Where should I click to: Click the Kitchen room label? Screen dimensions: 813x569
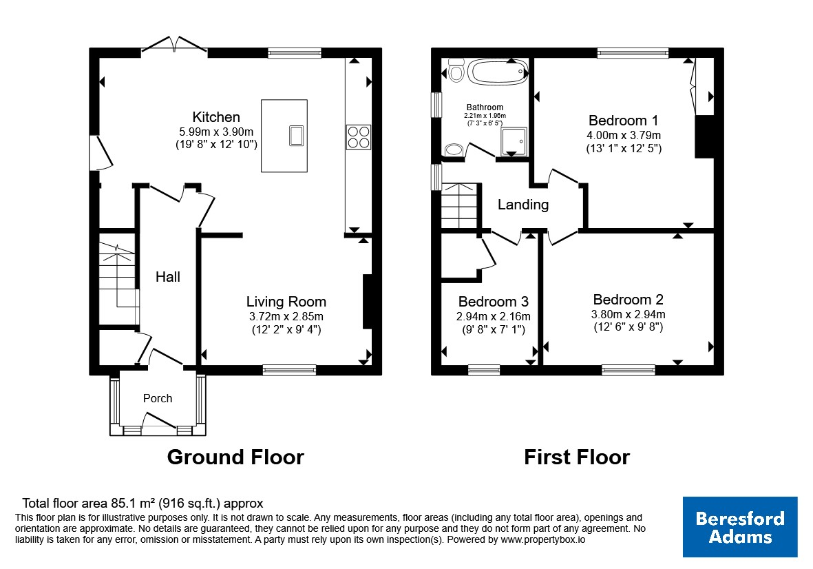[x=216, y=116]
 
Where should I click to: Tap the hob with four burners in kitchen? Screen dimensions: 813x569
[x=359, y=137]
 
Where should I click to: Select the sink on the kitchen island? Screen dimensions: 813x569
[x=297, y=136]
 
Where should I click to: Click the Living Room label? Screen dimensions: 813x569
[x=286, y=301]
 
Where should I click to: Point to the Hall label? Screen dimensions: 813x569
[x=168, y=276]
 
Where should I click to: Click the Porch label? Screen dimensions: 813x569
[x=158, y=398]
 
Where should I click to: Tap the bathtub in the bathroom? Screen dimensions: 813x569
[x=498, y=71]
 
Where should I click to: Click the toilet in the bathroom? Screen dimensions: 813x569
[x=456, y=70]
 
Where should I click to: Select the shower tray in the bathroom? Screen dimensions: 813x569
[x=514, y=142]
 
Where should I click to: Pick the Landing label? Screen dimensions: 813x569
[x=523, y=205]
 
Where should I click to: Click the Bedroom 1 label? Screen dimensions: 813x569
[x=623, y=121]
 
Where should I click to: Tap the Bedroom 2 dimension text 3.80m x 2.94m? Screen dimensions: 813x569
[x=628, y=314]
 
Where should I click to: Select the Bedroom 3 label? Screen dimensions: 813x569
[x=493, y=301]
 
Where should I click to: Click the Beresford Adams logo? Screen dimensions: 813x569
[x=740, y=527]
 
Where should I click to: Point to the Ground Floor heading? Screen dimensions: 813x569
[x=235, y=457]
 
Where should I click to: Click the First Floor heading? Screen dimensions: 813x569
[x=577, y=457]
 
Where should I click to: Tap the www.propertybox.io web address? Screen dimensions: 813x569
[x=543, y=539]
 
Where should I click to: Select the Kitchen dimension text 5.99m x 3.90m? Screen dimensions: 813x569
[x=216, y=132]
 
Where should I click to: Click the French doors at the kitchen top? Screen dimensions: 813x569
[x=174, y=45]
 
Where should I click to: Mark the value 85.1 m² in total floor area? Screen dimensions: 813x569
[x=134, y=503]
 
